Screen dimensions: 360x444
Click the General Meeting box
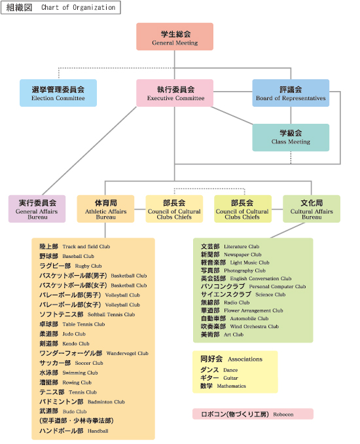click(x=175, y=37)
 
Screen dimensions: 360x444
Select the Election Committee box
click(x=58, y=93)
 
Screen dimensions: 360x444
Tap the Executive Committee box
click(x=175, y=93)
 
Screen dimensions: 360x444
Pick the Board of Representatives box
click(x=291, y=93)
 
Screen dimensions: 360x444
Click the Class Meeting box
click(x=291, y=138)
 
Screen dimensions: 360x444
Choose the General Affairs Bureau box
click(x=37, y=209)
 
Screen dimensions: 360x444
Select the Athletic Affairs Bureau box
click(x=105, y=209)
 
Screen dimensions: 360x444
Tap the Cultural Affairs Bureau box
click(x=312, y=209)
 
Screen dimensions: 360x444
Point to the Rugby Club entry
click(x=71, y=266)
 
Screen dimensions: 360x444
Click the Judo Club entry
click(x=62, y=334)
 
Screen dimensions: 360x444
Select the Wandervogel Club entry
click(x=94, y=353)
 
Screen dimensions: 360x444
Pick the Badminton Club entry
click(x=82, y=401)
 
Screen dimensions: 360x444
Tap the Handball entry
click(x=74, y=431)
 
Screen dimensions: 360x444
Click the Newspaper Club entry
click(x=231, y=255)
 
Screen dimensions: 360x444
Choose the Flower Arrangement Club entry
click(x=242, y=310)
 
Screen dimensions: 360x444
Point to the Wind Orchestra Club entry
click(x=240, y=327)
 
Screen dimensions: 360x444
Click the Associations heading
click(x=232, y=359)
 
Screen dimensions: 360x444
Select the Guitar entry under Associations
click(x=219, y=378)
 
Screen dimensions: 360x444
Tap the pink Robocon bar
click(x=253, y=414)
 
